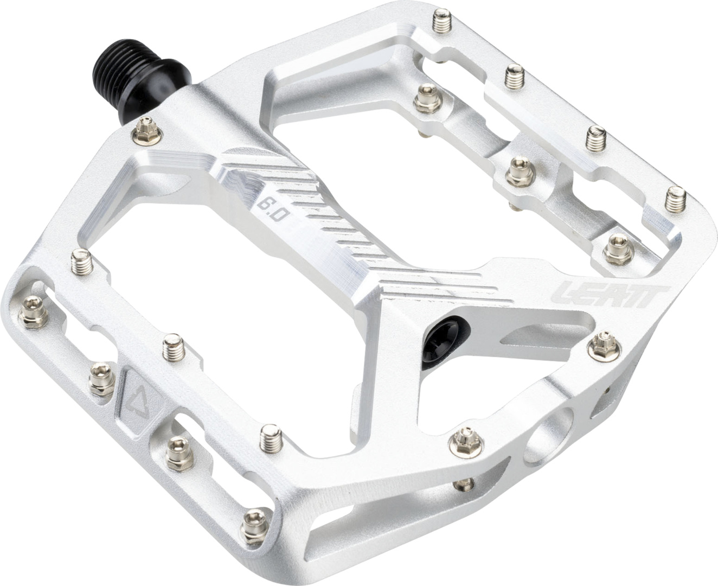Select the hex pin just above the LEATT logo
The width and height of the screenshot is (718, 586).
[614, 245]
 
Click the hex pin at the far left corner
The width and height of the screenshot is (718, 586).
[28, 309]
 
